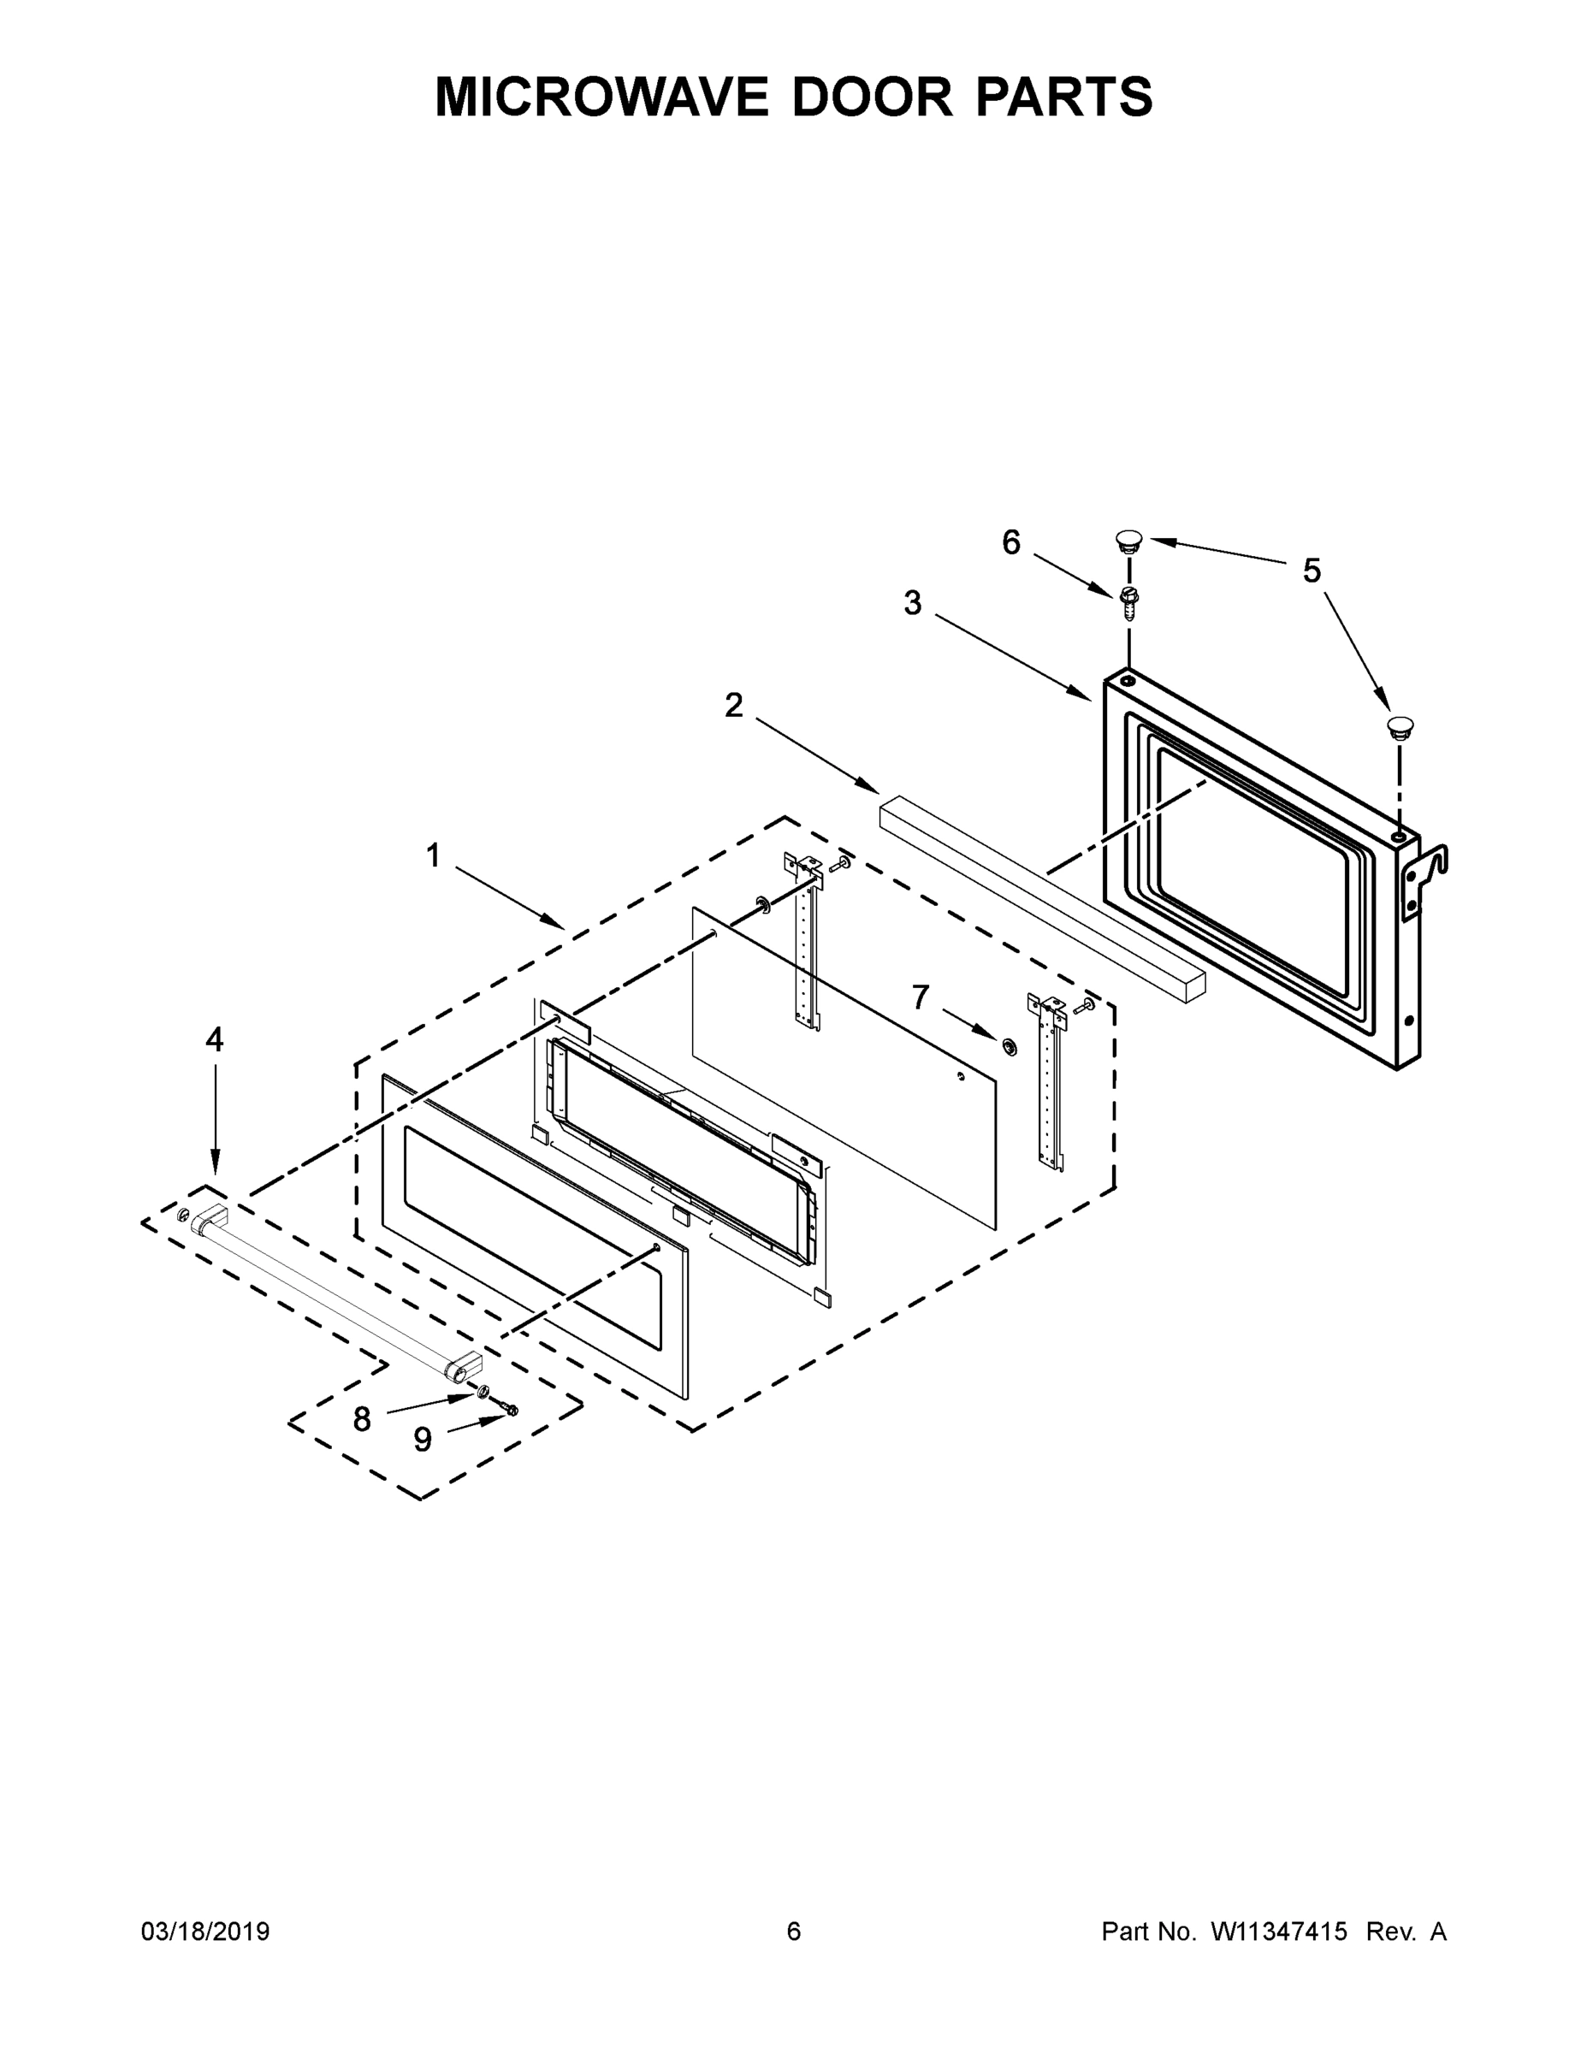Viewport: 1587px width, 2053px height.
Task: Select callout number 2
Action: coord(733,705)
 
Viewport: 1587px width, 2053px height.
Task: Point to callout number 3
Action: coord(912,603)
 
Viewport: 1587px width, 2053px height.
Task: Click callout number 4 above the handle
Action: coord(215,1039)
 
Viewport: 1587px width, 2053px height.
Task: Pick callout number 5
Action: coord(1312,571)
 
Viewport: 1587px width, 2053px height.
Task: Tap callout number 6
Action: coord(1010,542)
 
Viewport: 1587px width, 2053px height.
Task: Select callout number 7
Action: coord(921,997)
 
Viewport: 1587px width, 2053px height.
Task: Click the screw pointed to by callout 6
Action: coord(1128,601)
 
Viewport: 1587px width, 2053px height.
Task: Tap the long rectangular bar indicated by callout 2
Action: coord(1042,893)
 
